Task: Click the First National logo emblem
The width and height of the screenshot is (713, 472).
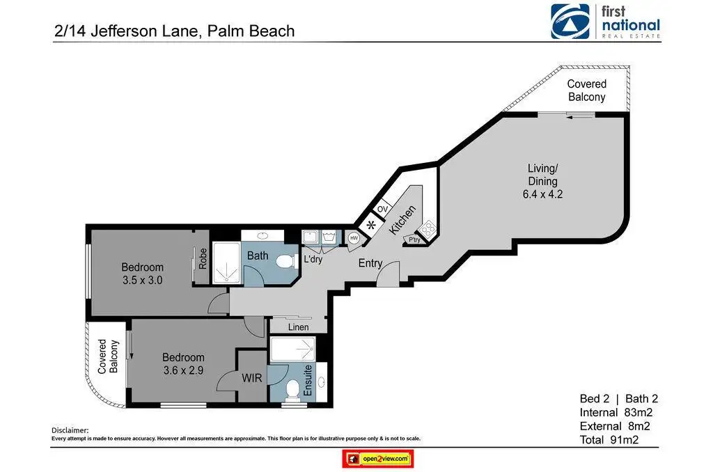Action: (x=570, y=22)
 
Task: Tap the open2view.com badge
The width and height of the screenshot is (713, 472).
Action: (x=378, y=459)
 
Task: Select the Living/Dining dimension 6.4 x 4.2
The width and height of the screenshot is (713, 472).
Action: (x=542, y=194)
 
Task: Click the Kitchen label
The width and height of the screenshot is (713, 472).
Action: (x=402, y=220)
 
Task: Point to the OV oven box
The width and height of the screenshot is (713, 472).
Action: (x=382, y=209)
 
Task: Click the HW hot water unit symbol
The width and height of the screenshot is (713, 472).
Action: (x=354, y=238)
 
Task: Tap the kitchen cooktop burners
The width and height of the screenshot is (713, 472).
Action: (x=428, y=229)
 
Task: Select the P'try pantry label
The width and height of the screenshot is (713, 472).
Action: (x=414, y=239)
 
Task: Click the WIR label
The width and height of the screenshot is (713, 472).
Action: (x=251, y=378)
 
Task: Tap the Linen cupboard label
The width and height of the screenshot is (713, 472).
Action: (x=298, y=327)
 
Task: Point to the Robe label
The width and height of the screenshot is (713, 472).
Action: (x=203, y=258)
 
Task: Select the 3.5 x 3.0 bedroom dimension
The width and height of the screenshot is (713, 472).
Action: (x=142, y=280)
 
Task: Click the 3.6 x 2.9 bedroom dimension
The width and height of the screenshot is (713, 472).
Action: (x=183, y=370)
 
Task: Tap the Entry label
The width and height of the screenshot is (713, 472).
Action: (x=370, y=263)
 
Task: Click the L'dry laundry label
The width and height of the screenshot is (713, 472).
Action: (x=313, y=259)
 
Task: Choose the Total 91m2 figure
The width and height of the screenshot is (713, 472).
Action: (x=609, y=440)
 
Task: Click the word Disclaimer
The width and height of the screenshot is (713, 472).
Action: (x=70, y=430)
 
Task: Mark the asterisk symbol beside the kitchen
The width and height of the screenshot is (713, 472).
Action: (x=371, y=225)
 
